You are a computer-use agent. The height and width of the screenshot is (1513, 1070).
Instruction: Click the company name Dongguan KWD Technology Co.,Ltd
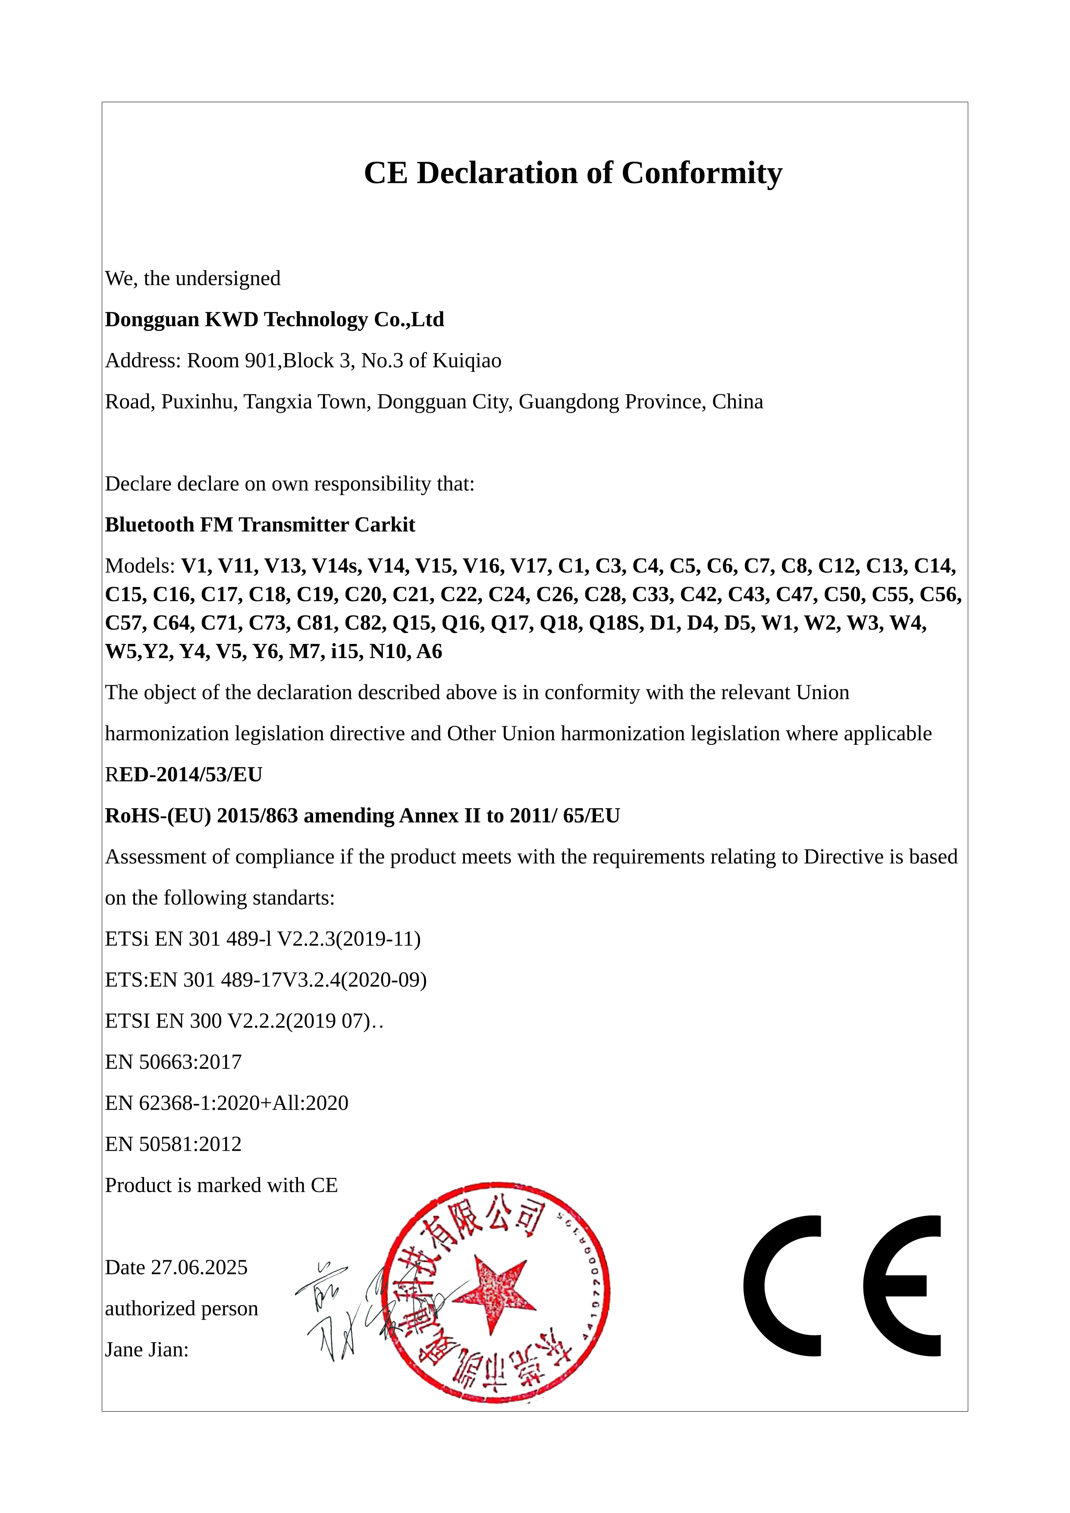click(274, 320)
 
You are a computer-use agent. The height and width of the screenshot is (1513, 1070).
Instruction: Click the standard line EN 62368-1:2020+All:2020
click(227, 1103)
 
